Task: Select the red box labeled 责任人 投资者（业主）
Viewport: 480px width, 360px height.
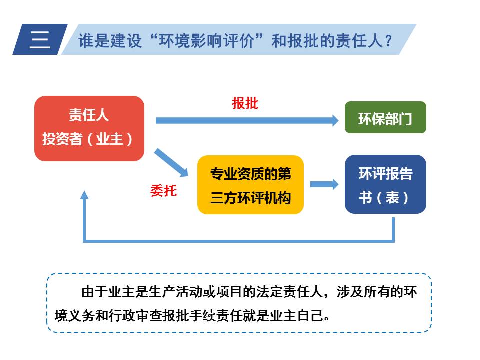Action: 89,128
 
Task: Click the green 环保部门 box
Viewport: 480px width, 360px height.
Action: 385,118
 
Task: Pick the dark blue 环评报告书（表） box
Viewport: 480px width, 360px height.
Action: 385,184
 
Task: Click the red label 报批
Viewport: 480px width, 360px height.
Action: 245,103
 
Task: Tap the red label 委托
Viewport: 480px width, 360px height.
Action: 163,190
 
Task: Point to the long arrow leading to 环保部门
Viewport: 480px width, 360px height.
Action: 247,120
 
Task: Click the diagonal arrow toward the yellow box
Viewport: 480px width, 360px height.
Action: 171,163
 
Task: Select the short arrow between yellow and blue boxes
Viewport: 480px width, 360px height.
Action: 324,184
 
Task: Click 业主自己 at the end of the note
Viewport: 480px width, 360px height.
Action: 301,316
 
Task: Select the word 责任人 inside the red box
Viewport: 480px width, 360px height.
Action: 89,116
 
